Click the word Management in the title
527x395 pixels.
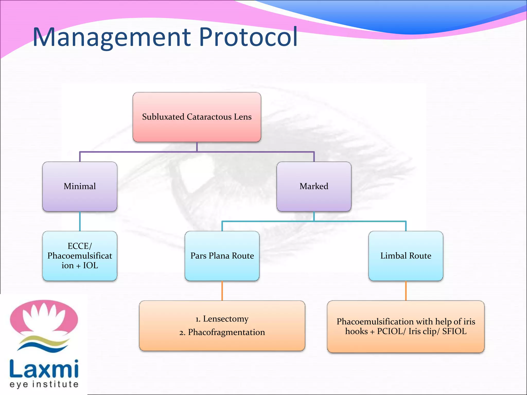[x=111, y=37]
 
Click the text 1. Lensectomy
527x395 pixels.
[x=222, y=319]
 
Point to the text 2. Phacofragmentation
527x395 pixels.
[x=222, y=332]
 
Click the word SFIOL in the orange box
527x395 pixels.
[x=454, y=331]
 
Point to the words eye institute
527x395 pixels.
[x=44, y=384]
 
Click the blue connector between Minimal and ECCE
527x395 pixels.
[x=80, y=221]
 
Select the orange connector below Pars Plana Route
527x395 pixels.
[x=222, y=291]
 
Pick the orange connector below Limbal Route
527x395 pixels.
[x=406, y=291]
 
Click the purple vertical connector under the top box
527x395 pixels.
[x=197, y=147]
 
